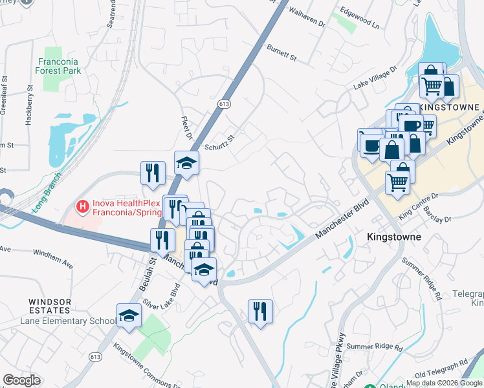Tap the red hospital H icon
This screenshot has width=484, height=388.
coord(82,207)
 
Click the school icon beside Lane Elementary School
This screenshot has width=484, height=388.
coord(129,316)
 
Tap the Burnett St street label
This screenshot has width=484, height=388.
coord(281,53)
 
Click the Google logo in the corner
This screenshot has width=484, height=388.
coord(21,380)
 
